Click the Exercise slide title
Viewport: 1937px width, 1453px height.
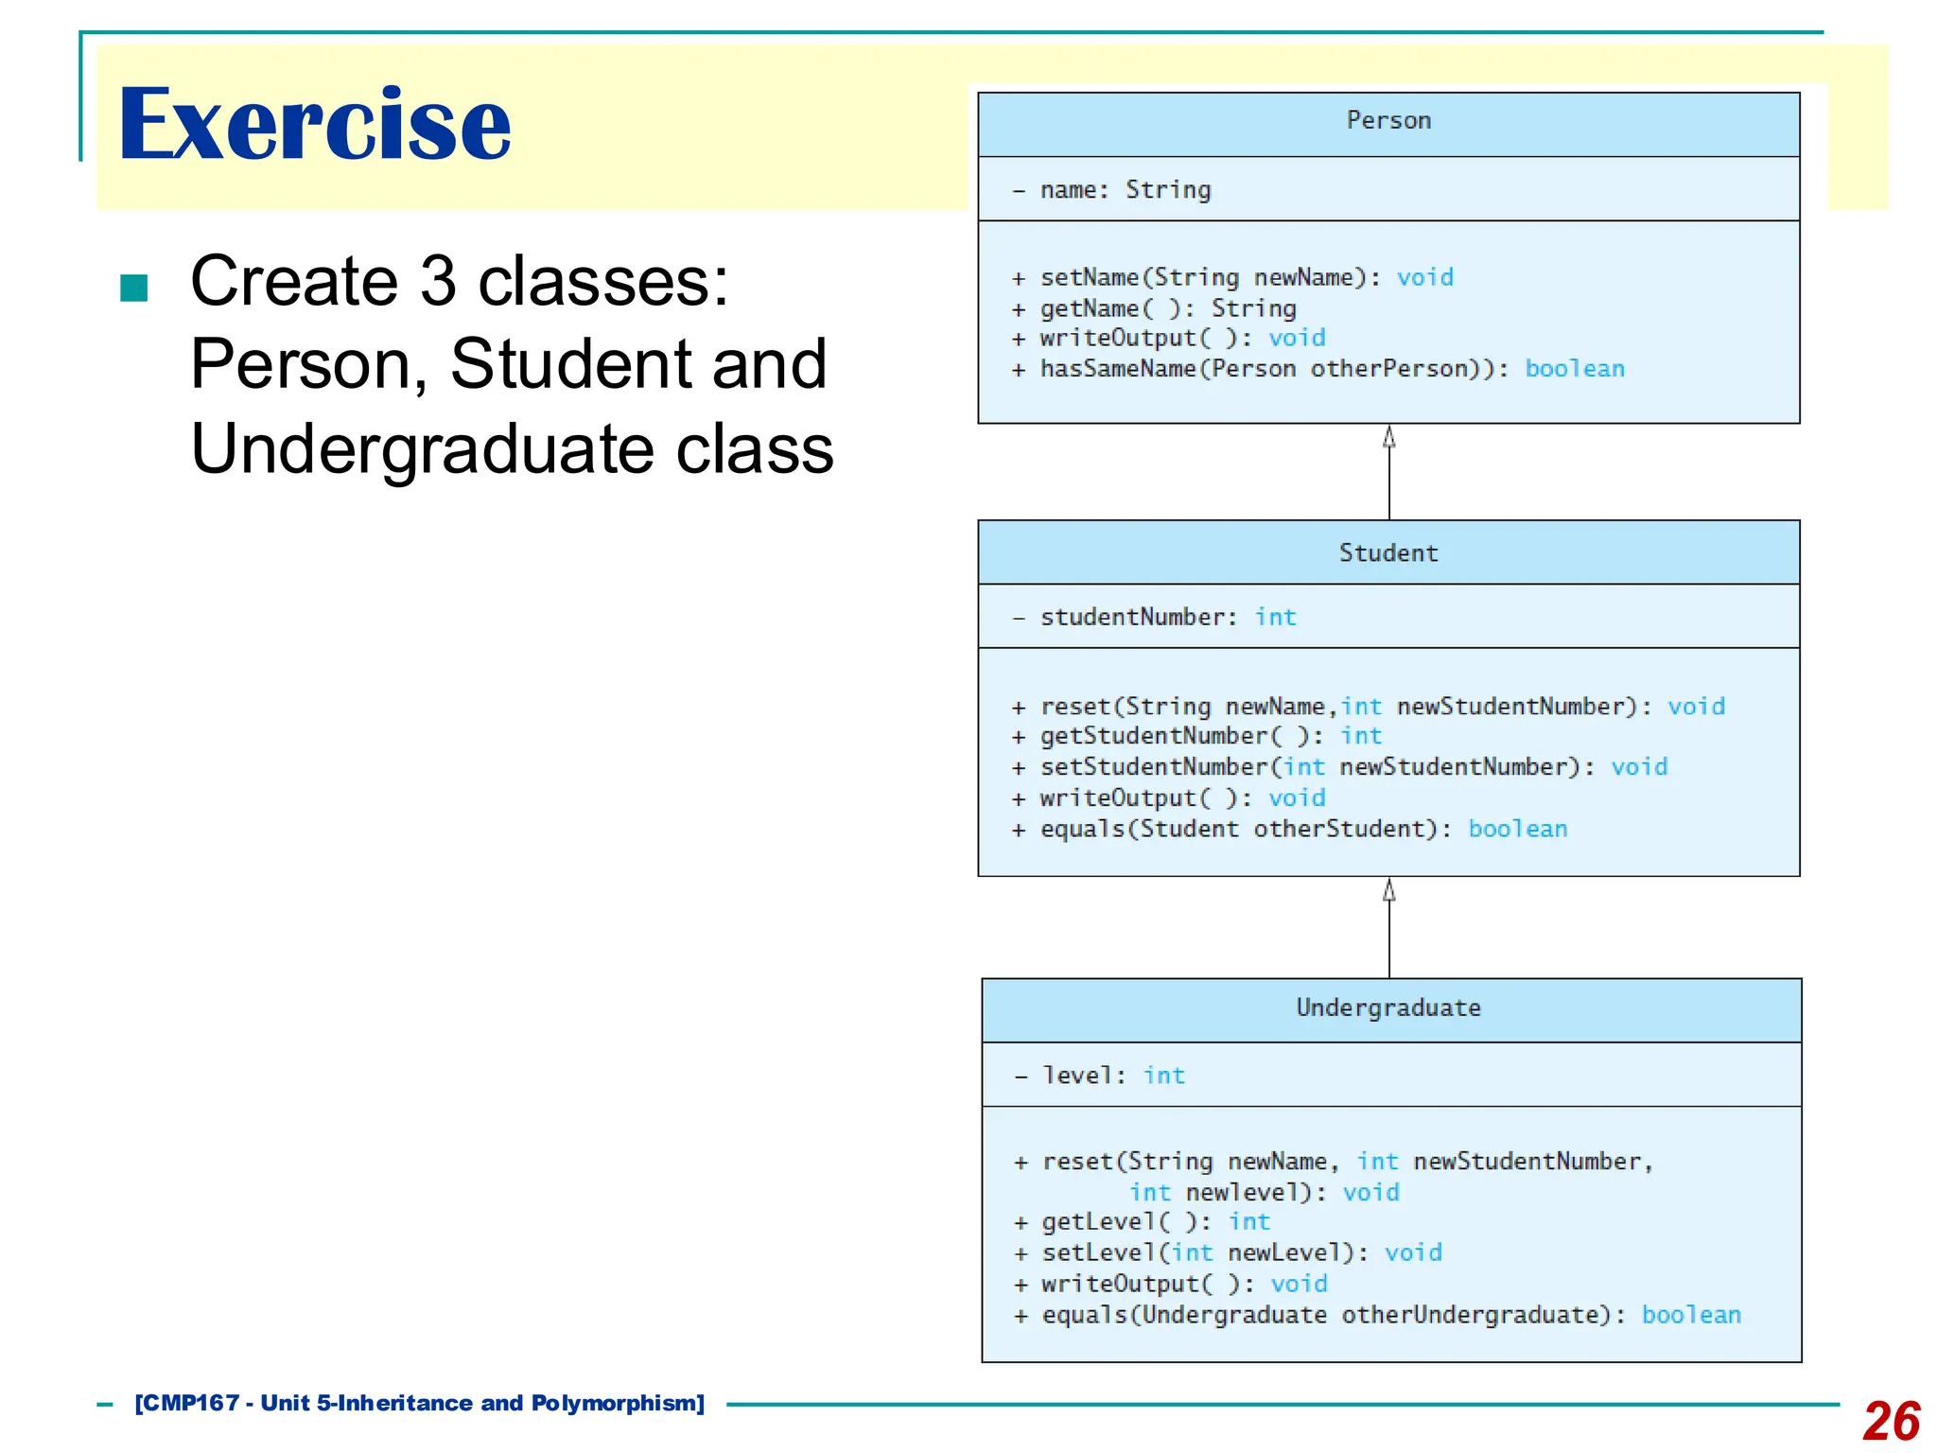314,124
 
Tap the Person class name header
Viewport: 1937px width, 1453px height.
1387,121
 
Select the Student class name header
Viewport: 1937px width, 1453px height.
1387,553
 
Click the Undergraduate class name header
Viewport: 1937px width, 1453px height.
1387,1008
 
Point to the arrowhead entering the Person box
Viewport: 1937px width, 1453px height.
1388,437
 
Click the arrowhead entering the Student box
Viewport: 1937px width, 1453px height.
1388,890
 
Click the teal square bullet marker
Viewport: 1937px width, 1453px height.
134,288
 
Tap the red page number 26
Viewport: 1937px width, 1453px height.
1891,1420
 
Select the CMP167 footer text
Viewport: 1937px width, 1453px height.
420,1403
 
